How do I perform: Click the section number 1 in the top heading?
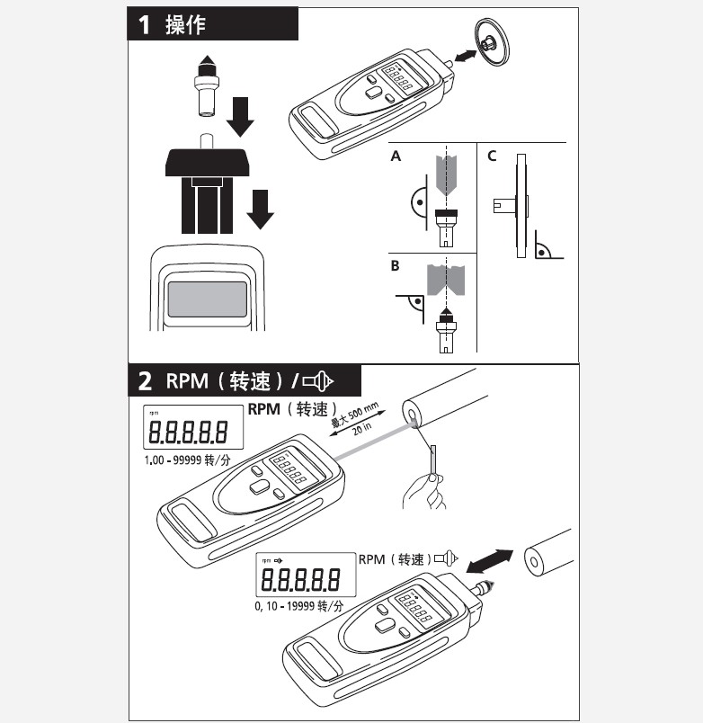145,24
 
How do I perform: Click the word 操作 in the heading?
186,24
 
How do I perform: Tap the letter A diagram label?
396,156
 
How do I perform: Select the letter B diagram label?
395,266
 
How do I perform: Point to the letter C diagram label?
492,156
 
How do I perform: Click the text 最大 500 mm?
355,415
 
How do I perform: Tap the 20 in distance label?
362,429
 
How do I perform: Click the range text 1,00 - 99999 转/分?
187,460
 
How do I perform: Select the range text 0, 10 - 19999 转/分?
299,606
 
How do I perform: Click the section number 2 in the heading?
145,381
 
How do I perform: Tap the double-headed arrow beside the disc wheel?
465,56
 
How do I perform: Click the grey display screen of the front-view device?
207,299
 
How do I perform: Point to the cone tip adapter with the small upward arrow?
206,85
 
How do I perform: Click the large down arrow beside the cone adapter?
240,117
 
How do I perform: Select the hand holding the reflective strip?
424,492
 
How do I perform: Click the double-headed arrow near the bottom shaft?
490,561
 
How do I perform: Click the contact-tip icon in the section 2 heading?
317,381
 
